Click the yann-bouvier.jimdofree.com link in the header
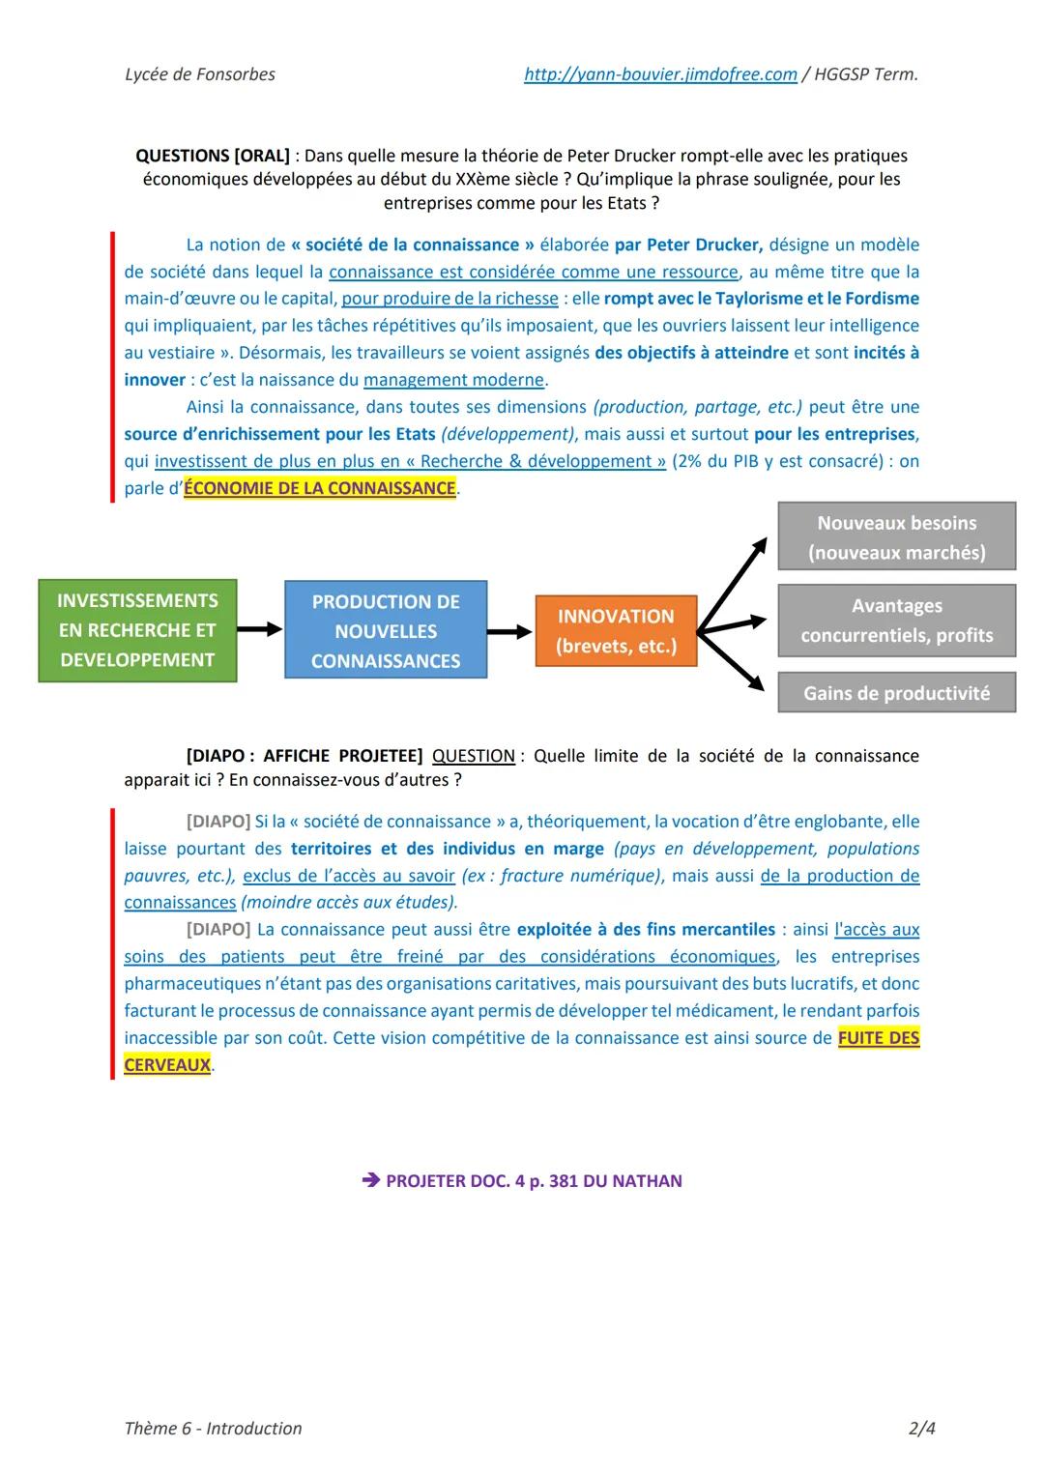point(660,74)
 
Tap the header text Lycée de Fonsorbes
point(200,74)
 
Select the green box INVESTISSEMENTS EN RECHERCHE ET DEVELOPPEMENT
point(137,630)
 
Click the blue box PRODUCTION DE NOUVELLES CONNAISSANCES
point(386,630)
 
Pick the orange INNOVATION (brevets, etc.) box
point(616,631)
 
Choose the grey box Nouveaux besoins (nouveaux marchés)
point(896,536)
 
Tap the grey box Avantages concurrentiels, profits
point(896,620)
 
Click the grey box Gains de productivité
point(896,693)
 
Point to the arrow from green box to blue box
point(259,629)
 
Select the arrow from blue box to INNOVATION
point(509,631)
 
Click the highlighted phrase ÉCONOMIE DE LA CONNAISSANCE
point(320,488)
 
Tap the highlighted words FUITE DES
point(879,1038)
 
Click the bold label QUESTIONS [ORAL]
point(213,156)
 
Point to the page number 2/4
point(921,1428)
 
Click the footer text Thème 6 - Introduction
point(213,1428)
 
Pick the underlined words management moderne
point(454,380)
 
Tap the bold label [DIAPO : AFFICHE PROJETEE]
point(304,756)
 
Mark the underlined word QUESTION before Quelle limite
point(474,756)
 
